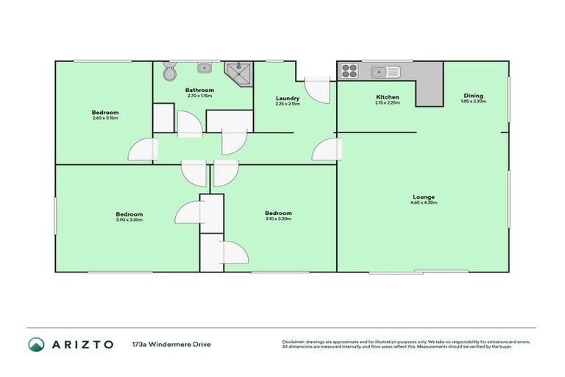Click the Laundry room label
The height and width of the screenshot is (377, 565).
[287, 98]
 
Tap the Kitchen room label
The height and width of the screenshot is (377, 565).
[387, 97]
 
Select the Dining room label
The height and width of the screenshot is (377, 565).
[473, 94]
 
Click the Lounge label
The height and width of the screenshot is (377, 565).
[423, 197]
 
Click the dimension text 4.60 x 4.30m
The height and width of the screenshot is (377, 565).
[423, 202]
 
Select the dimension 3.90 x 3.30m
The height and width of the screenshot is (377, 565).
[129, 219]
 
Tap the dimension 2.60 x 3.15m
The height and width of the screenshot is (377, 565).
[105, 119]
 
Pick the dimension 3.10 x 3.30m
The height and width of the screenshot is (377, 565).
[278, 219]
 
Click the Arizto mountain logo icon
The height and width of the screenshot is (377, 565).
[36, 344]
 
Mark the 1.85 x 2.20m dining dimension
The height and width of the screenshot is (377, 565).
[473, 100]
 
